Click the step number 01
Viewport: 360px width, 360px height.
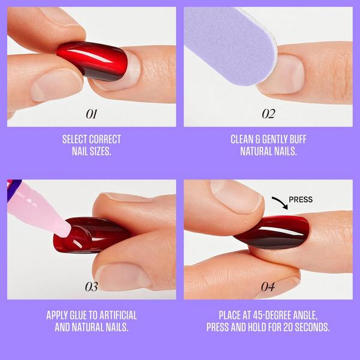pos(92,113)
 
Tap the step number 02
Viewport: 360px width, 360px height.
pos(268,113)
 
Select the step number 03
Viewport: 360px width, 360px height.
pos(92,287)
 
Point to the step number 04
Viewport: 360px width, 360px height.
pos(268,287)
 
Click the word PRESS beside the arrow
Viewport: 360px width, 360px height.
pos(301,200)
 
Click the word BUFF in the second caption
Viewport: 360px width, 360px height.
pos(295,139)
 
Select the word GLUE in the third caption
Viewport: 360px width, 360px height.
pos(88,315)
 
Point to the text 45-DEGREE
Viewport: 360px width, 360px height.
pos(264,315)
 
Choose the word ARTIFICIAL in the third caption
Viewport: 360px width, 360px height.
pos(117,315)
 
